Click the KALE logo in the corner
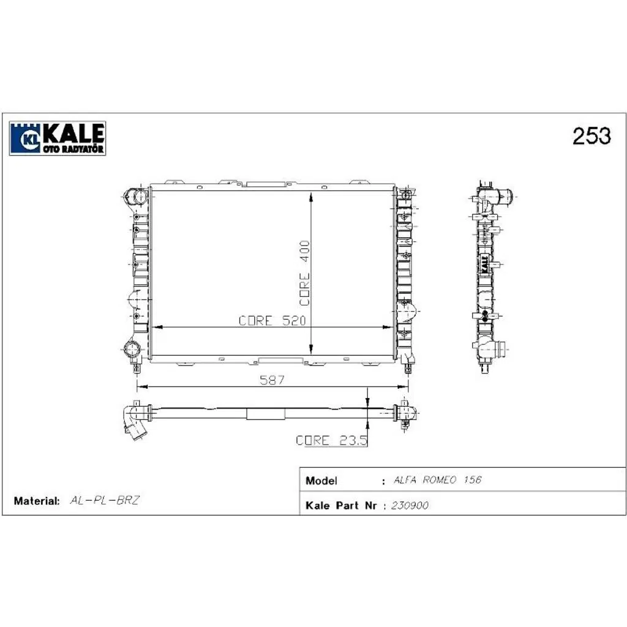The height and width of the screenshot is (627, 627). click(x=58, y=138)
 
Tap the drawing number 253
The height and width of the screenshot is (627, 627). click(x=591, y=136)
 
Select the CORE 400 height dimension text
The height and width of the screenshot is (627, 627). click(x=305, y=273)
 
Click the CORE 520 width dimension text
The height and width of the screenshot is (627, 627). click(x=272, y=321)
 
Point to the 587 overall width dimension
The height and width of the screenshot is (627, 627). click(x=272, y=380)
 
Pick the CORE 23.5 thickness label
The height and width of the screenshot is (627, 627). click(x=331, y=440)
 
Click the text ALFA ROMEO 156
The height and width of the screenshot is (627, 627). click(x=437, y=479)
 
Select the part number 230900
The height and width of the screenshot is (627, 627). click(x=410, y=505)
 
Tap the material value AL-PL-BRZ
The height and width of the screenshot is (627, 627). click(x=104, y=500)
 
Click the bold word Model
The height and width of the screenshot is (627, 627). click(x=321, y=480)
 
